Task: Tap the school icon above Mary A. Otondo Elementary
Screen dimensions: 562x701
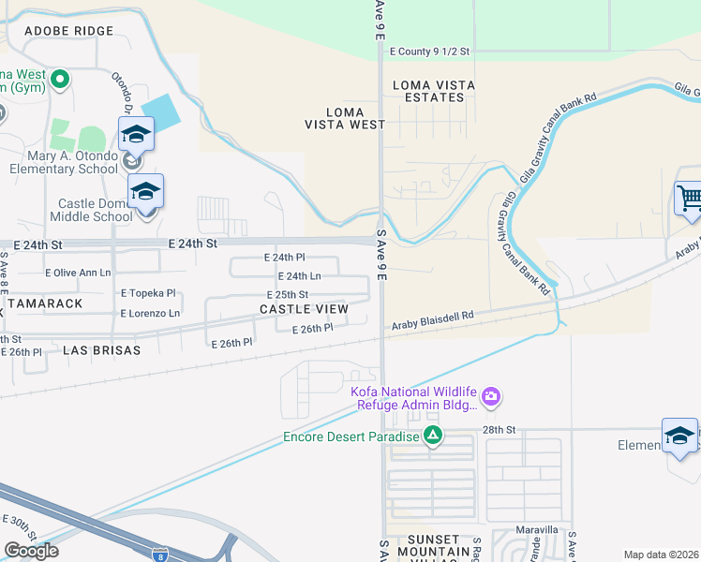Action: click(x=136, y=134)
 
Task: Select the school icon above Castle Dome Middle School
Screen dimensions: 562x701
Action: click(x=145, y=191)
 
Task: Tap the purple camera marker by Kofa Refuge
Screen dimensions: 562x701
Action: click(x=492, y=397)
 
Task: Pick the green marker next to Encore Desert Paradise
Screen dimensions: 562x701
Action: click(x=432, y=436)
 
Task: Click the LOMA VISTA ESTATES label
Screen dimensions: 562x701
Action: click(x=434, y=91)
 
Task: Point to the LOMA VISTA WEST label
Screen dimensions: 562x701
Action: click(x=345, y=118)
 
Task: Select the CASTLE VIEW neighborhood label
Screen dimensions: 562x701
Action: click(x=304, y=308)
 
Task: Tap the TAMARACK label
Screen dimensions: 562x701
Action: click(x=42, y=303)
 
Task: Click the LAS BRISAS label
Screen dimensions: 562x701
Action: click(x=101, y=349)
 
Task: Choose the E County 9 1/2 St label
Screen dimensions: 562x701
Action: click(x=428, y=52)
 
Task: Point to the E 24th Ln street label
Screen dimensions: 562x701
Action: click(x=300, y=276)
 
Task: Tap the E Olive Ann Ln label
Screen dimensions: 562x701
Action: click(x=78, y=273)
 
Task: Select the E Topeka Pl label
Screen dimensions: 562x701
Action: click(x=148, y=293)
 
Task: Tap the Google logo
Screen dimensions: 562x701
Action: click(x=31, y=551)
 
